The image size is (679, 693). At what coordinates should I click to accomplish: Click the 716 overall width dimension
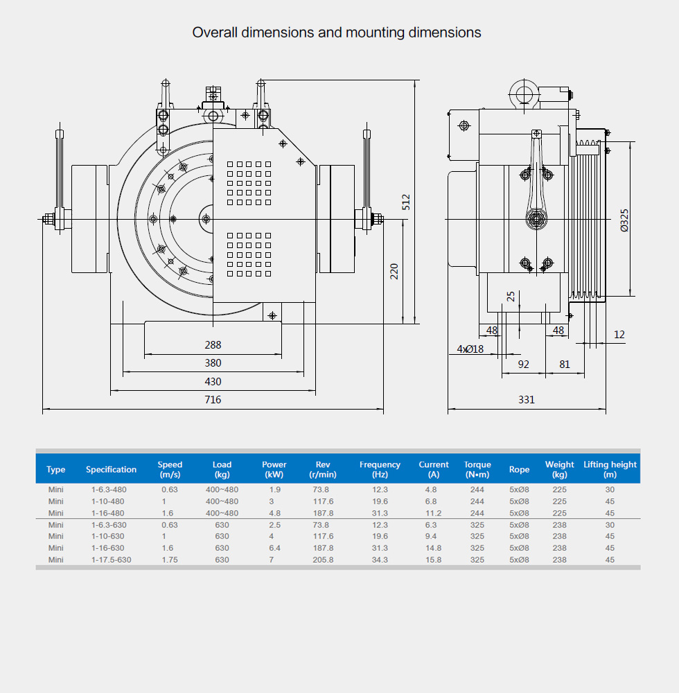(213, 400)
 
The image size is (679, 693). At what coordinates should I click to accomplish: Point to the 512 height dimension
(407, 202)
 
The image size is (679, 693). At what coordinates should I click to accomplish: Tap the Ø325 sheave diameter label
(624, 220)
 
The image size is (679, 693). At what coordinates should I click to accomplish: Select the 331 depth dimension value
(527, 400)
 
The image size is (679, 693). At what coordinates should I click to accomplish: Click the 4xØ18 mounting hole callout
(470, 349)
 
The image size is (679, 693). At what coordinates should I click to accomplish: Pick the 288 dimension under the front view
(213, 344)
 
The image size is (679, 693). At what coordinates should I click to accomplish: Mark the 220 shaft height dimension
(394, 271)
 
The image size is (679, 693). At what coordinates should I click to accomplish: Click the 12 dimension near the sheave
(619, 335)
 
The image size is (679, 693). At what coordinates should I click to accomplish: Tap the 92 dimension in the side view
(524, 363)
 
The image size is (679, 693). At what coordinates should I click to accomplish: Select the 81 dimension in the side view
(565, 363)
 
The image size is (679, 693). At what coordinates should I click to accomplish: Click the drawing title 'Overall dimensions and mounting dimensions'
(337, 33)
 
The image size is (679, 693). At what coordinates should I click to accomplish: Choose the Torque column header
(477, 469)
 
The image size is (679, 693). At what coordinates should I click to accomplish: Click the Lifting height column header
(610, 469)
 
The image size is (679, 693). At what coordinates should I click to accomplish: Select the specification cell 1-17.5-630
(111, 559)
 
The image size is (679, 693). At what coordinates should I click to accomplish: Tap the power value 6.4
(274, 547)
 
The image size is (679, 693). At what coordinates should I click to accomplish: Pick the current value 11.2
(434, 513)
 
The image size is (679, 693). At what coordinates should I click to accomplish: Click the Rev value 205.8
(323, 559)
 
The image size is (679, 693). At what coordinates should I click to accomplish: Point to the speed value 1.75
(170, 559)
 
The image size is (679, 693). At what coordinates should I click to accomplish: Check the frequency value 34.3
(380, 559)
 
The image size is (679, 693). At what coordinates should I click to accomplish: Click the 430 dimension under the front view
(213, 382)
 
